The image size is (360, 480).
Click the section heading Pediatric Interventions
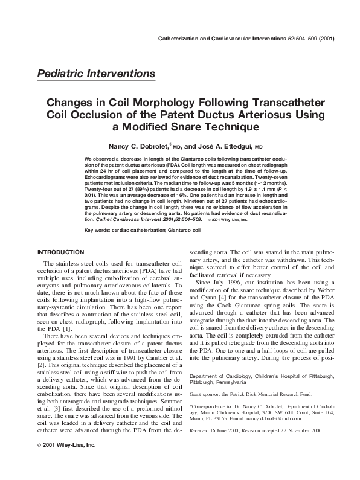coord(96,74)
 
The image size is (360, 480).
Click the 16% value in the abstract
coord(182,194)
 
